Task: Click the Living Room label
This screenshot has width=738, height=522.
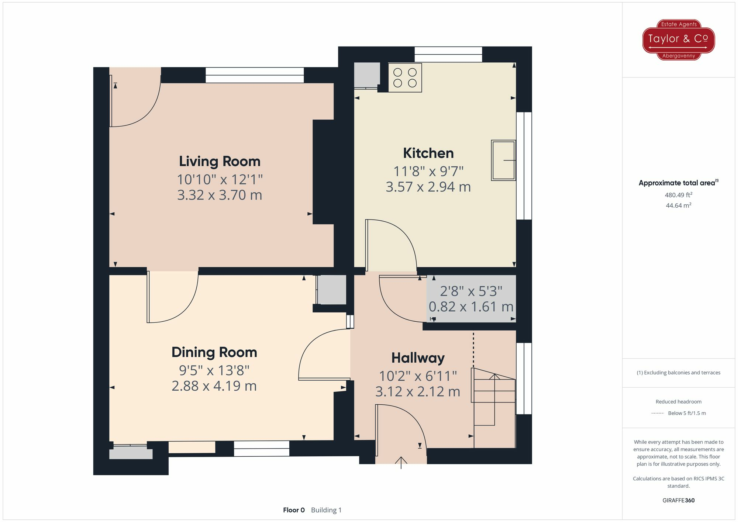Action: [x=220, y=162]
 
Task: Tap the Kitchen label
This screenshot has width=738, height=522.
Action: [x=428, y=153]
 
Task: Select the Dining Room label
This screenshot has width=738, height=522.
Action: [x=214, y=352]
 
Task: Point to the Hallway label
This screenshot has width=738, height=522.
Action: [x=418, y=358]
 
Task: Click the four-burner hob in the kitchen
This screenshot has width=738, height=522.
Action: [x=405, y=77]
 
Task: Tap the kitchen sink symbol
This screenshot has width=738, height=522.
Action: [x=503, y=160]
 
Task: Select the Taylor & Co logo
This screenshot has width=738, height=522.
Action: [x=678, y=39]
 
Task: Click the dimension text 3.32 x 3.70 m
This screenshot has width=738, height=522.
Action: [x=220, y=195]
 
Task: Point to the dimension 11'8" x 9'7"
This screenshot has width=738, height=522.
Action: [x=428, y=172]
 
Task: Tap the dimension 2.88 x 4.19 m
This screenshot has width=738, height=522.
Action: [x=214, y=386]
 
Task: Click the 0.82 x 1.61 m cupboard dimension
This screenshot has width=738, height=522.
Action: [x=471, y=307]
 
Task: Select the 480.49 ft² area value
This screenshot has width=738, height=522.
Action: [x=678, y=195]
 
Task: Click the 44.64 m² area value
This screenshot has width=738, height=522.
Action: [x=678, y=205]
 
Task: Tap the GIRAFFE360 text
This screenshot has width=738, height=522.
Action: [x=678, y=501]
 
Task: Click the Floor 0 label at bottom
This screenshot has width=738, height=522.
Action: [x=294, y=510]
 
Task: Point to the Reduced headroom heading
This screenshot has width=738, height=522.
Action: [x=678, y=402]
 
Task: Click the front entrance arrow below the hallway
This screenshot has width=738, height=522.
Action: [x=401, y=462]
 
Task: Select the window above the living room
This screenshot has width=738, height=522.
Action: [x=255, y=75]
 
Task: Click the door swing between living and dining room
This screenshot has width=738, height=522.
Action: [x=172, y=297]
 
